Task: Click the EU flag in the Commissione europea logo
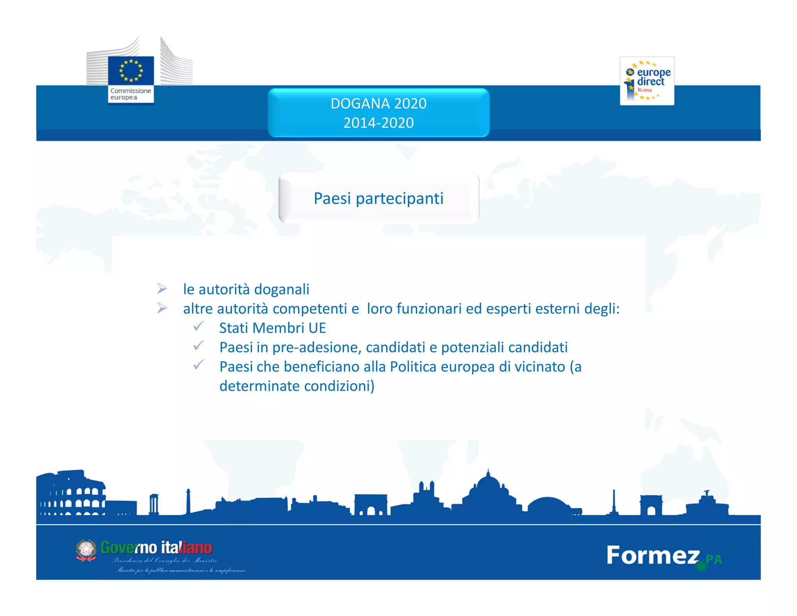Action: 131,70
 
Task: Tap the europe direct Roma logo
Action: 647,81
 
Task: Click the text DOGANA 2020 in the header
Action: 378,104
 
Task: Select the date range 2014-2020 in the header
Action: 378,123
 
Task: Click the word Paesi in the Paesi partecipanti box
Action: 332,199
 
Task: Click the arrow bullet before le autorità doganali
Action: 162,289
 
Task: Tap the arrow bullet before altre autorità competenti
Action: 162,308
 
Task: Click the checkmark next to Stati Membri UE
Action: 198,326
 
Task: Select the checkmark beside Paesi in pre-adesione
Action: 198,345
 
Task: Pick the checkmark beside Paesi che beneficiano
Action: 198,365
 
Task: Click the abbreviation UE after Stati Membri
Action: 317,328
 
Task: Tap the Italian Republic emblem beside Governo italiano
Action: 86,550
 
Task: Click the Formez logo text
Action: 653,555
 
